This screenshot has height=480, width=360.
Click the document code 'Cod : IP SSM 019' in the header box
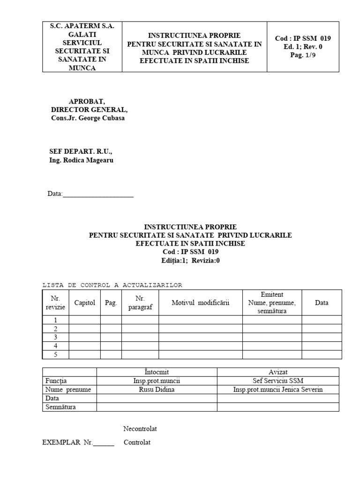point(303,38)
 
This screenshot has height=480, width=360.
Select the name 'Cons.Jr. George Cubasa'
point(88,118)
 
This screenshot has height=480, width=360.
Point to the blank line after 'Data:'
point(98,194)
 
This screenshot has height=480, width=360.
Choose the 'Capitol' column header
point(85,303)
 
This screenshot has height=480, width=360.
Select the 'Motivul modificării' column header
point(200,303)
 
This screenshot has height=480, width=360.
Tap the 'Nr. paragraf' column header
point(140,303)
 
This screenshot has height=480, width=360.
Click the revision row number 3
point(55,337)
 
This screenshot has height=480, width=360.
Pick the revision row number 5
point(55,354)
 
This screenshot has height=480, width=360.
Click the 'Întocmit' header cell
point(157,372)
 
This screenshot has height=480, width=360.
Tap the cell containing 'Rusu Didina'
point(157,390)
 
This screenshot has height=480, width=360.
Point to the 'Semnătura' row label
point(60,407)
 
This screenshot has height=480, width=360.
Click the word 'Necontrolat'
point(140,429)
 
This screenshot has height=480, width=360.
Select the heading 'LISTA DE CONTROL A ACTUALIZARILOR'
point(112,285)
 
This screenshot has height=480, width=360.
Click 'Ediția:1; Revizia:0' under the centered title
point(190,261)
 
